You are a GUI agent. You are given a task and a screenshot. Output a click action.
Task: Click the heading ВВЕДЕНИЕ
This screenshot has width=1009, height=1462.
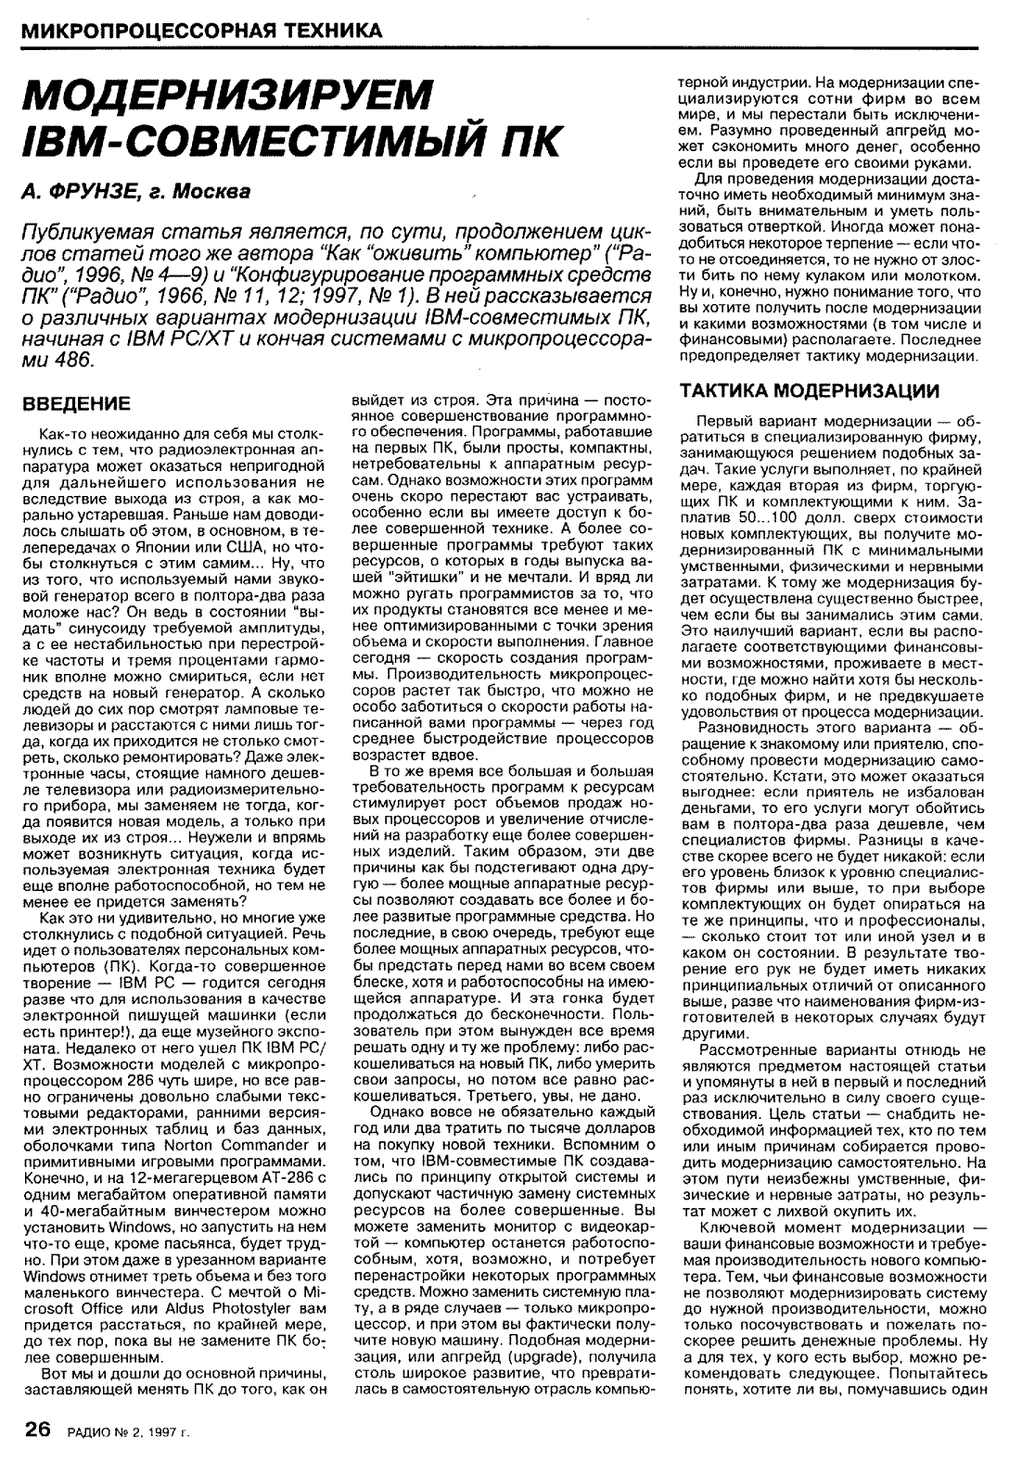point(76,404)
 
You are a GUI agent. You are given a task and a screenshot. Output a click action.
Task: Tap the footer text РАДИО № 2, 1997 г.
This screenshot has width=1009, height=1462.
point(128,1432)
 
